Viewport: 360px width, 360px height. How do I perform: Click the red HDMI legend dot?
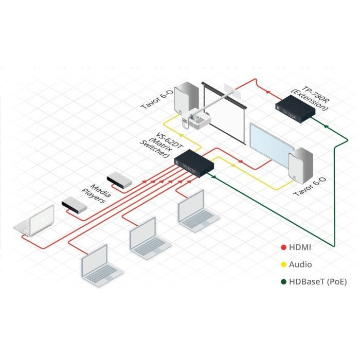pos(283,247)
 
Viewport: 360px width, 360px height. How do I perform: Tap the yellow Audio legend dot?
pos(283,264)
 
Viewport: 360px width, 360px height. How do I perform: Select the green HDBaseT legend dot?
pos(283,281)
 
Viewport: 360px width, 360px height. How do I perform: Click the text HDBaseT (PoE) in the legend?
pos(318,281)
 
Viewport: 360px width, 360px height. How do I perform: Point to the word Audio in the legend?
pos(301,264)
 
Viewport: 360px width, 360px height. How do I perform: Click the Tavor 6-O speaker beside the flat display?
pos(300,167)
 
